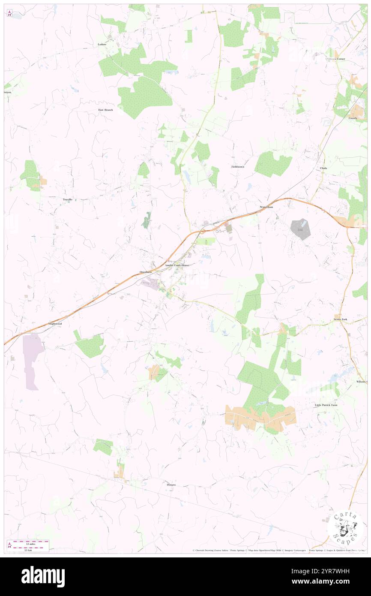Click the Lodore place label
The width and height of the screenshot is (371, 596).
click(x=102, y=44)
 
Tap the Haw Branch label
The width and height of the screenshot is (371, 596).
click(x=105, y=110)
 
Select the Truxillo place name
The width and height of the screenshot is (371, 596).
click(x=68, y=199)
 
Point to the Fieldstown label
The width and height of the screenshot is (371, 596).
click(x=238, y=166)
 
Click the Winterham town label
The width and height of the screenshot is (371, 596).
click(x=266, y=207)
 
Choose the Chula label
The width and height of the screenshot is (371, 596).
click(x=323, y=168)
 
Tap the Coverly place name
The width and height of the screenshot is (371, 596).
click(x=353, y=118)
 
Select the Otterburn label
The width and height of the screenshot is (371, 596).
click(x=146, y=272)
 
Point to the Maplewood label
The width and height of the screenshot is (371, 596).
click(x=55, y=323)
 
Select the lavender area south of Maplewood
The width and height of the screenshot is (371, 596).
click(x=32, y=360)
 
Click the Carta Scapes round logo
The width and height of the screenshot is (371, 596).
click(x=345, y=527)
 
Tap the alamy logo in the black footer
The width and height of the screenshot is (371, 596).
click(x=43, y=576)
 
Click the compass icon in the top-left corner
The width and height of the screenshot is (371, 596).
click(x=9, y=13)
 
